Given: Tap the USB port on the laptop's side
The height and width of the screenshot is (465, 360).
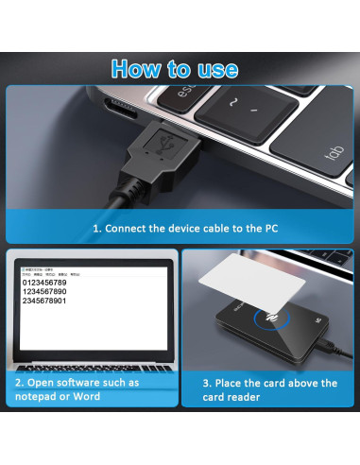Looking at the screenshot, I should (124, 106).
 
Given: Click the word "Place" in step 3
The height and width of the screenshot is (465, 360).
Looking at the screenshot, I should (237, 383).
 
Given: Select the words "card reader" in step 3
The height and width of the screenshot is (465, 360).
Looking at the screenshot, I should (237, 397).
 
